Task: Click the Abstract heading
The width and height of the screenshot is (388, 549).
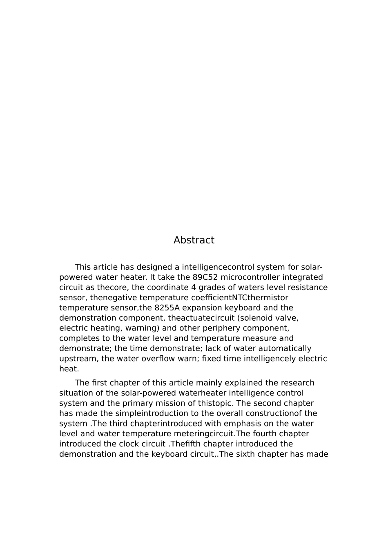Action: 194,240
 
